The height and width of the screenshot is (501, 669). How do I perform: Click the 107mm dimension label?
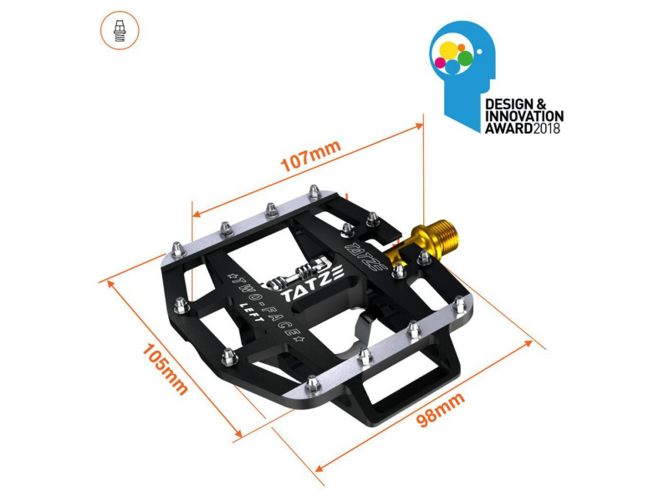pos(311,155)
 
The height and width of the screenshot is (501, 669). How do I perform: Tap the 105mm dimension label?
pos(165,369)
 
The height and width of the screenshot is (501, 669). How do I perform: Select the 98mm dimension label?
pos(441,409)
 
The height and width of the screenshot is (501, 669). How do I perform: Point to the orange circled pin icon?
pos(120,30)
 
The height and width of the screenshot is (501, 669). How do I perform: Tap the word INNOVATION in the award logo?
pos(524,116)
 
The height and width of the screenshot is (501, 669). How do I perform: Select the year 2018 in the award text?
pos(547,129)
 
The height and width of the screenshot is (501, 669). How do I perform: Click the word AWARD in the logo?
pos(509,129)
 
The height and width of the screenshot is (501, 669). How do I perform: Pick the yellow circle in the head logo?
pos(448,51)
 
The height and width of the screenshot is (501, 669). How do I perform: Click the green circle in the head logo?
pos(465,58)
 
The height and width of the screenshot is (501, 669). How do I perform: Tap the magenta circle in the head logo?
pos(440,63)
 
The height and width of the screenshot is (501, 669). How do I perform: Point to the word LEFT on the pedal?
pos(253,312)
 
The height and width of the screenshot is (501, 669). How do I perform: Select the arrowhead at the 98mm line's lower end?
pos(319,468)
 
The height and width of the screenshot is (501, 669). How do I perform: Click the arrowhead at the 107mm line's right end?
pos(419,127)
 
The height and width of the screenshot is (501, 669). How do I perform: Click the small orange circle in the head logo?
pos(461,48)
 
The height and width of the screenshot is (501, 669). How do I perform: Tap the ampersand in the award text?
pos(540,104)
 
